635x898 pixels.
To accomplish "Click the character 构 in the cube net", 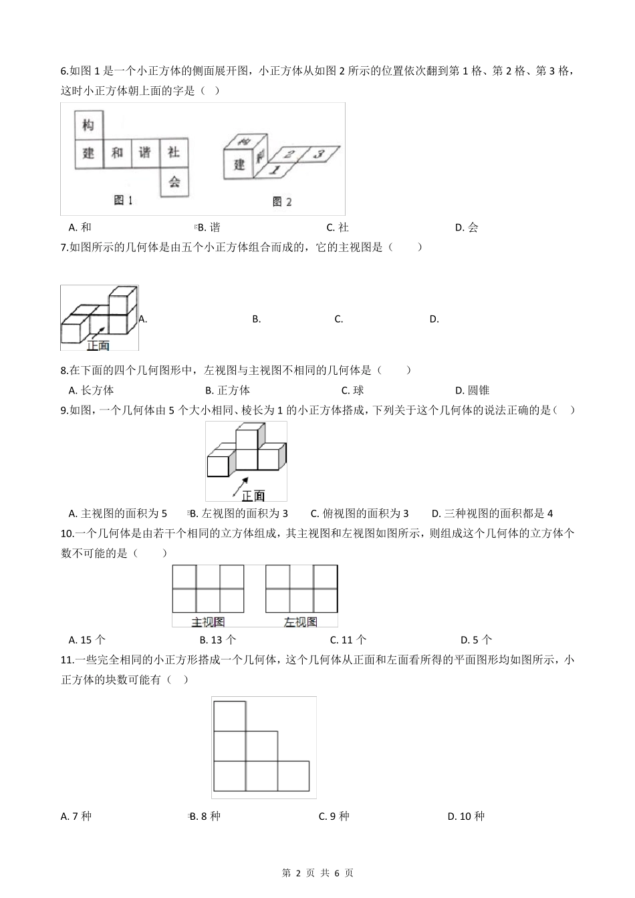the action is (x=88, y=124).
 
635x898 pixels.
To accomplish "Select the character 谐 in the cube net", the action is (x=145, y=152).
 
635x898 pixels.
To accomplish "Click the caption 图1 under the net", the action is (x=124, y=200).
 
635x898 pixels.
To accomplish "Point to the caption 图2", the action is (x=282, y=201).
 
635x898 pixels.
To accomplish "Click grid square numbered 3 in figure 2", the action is (x=318, y=154).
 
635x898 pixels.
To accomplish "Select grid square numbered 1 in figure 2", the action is (x=273, y=170).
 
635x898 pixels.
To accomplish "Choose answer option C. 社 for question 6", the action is (x=338, y=227).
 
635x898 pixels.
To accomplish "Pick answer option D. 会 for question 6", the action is (x=467, y=227).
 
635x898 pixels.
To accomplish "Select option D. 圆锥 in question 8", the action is (x=473, y=390).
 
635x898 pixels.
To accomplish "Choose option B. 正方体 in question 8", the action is (x=227, y=390).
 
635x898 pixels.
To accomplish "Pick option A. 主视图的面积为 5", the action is (x=118, y=513).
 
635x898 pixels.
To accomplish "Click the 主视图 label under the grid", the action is (x=207, y=621).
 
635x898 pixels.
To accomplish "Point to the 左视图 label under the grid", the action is (x=300, y=621).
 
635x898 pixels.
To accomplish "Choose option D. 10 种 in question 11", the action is (x=466, y=816).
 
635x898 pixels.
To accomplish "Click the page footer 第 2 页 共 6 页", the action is (x=317, y=873).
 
